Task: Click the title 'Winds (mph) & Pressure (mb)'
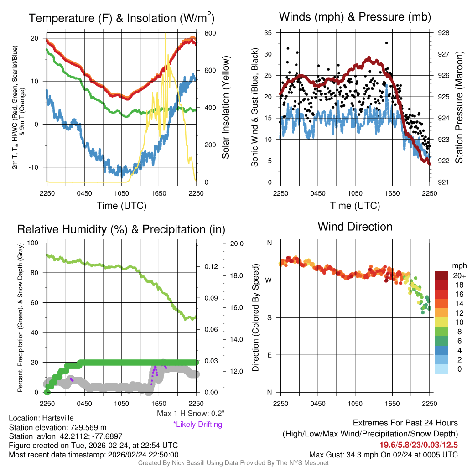(x=355, y=17)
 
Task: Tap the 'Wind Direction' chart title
(x=355, y=227)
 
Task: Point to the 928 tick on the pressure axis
(x=443, y=33)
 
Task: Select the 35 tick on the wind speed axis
(x=268, y=33)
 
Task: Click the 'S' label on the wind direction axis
(x=269, y=317)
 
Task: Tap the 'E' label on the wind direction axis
(x=269, y=355)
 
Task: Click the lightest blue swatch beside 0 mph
(x=441, y=369)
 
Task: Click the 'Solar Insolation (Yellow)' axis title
(x=225, y=108)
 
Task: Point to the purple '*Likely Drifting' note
(x=197, y=424)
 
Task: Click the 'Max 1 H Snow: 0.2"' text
(x=190, y=414)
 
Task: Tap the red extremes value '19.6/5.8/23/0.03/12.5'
(x=419, y=445)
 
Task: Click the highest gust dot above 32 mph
(x=386, y=43)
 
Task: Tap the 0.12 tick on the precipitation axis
(x=211, y=266)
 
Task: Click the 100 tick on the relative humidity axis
(x=33, y=243)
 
